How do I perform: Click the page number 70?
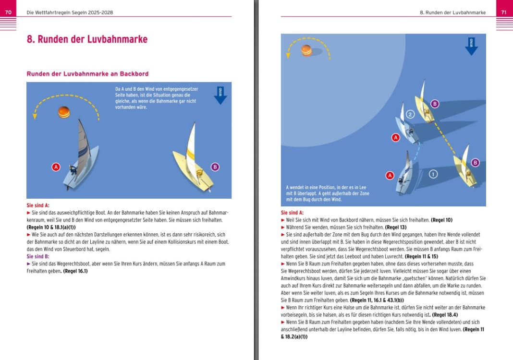[8, 12]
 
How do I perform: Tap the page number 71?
[504, 12]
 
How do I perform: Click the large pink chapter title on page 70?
[87, 39]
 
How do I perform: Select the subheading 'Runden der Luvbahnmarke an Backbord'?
[87, 74]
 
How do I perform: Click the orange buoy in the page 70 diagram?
[64, 112]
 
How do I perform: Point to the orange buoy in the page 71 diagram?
[306, 50]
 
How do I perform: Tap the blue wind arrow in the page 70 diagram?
[220, 96]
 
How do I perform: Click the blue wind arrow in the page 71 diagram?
[471, 47]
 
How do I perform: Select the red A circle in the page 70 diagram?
[56, 167]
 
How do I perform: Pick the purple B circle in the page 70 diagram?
[215, 167]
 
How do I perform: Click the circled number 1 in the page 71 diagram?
[433, 174]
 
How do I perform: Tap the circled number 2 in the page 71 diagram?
[410, 114]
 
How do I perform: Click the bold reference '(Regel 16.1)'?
[75, 271]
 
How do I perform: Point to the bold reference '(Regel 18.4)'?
[445, 315]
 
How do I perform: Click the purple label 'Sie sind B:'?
[38, 256]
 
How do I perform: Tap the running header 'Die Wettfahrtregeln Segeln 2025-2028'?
[70, 12]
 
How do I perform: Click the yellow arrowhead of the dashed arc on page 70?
[35, 116]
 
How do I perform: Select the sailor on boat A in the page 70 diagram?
[73, 170]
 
